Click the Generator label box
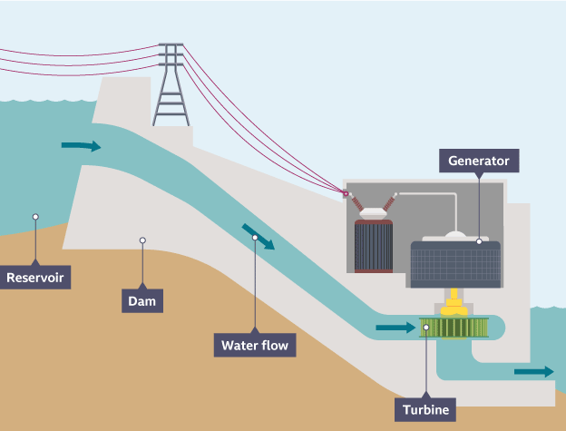480,162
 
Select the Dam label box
142,300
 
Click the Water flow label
258,345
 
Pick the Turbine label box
425,410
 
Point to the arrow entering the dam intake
81,145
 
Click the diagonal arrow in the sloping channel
258,238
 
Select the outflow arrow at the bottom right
532,371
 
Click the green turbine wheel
454,327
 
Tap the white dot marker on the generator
479,241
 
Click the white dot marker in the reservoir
35,217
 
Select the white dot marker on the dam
142,240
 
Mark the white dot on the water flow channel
255,238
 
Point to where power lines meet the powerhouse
345,192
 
